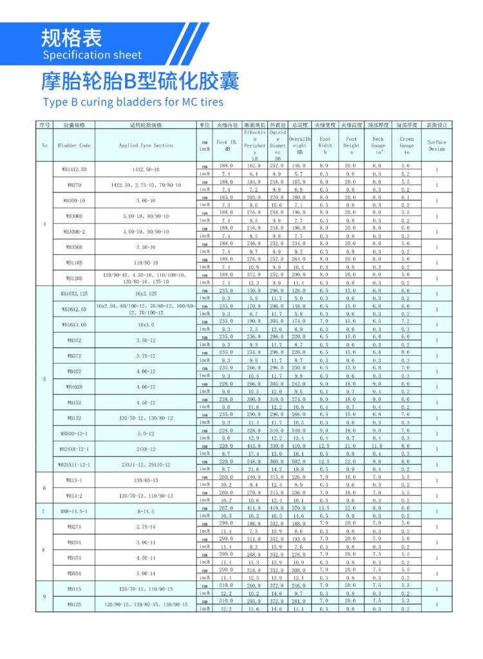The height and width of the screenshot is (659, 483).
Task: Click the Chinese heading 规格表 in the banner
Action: pos(71,37)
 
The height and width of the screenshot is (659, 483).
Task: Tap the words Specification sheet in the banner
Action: pos(91,55)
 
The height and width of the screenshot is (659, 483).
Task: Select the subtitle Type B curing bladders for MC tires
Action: pos(133,102)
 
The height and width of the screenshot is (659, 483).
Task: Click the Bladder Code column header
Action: pos(74,145)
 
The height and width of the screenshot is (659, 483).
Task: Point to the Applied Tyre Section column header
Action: pos(146,145)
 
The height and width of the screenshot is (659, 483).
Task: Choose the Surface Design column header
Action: pos(437,145)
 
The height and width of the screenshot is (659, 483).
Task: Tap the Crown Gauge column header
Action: pos(406,145)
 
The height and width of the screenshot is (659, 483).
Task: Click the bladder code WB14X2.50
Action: pos(74,169)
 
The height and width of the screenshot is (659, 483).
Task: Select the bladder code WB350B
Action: pos(74,247)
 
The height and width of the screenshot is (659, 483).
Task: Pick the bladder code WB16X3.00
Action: pos(74,325)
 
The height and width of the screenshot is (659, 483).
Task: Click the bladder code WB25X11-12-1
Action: pos(74,465)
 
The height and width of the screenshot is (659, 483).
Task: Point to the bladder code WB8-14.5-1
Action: pos(74,512)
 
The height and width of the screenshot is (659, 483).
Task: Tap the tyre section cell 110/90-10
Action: pos(146,263)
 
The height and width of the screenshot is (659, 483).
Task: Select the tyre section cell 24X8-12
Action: pos(146,449)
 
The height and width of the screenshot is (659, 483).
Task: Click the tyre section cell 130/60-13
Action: pos(146,480)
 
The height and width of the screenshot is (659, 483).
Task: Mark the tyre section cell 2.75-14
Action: pos(146,527)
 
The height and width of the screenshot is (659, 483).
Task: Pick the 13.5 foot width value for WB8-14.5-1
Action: pos(325,508)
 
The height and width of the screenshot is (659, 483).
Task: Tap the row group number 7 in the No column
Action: pos(44,512)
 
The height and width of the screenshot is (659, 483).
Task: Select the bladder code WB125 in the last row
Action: pos(74,604)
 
